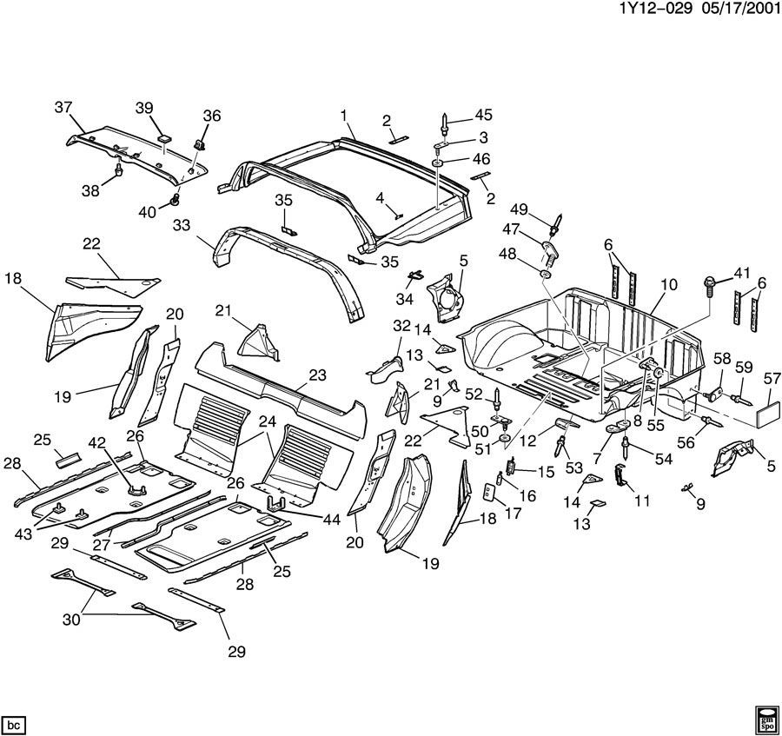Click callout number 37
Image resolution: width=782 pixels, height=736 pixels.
(63, 107)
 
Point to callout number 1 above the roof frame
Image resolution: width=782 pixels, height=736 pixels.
(344, 115)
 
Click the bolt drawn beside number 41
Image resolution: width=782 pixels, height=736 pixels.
(708, 284)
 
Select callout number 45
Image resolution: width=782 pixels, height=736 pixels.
(483, 114)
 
